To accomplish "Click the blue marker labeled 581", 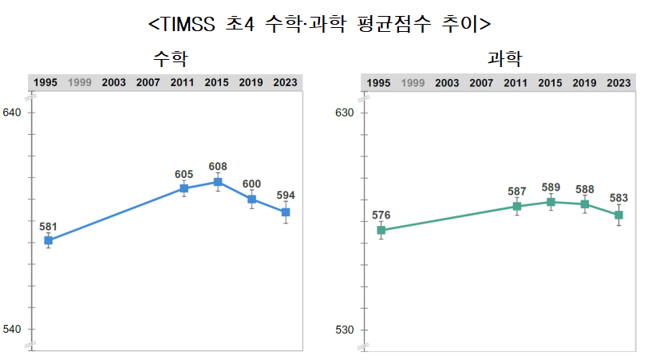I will click(48, 240).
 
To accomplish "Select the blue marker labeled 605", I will click(184, 188).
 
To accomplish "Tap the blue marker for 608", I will click(217, 182).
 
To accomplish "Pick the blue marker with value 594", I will click(285, 212).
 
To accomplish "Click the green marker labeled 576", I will click(381, 231).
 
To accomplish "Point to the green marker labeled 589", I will click(551, 202).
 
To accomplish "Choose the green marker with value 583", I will click(618, 216).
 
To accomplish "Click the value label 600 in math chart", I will click(251, 184).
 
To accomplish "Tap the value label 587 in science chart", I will click(516, 192).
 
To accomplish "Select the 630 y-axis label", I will click(344, 113).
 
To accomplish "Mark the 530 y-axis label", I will click(344, 330).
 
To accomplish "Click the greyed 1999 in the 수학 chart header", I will click(80, 82).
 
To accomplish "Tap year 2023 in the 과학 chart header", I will click(618, 82).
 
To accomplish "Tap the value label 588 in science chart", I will click(585, 189).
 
